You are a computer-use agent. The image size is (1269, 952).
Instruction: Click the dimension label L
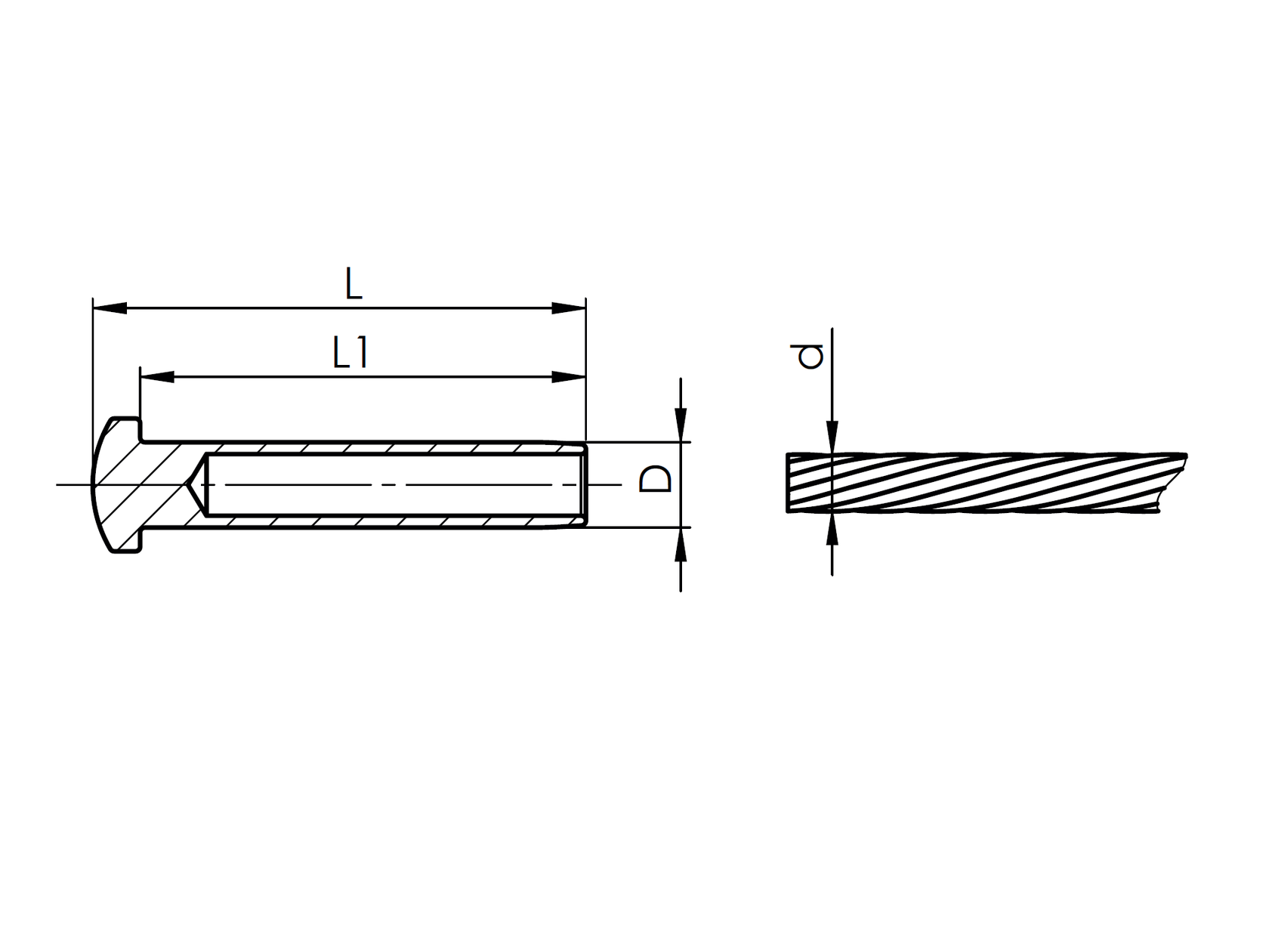pyautogui.click(x=354, y=284)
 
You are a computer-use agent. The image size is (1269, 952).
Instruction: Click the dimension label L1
pyautogui.click(x=351, y=352)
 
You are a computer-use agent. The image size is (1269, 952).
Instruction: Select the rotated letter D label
pyautogui.click(x=655, y=479)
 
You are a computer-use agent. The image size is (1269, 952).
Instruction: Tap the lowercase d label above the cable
pyautogui.click(x=810, y=356)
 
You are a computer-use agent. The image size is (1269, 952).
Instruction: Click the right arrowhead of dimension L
pyautogui.click(x=569, y=308)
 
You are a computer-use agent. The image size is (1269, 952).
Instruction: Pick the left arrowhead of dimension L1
pyautogui.click(x=157, y=376)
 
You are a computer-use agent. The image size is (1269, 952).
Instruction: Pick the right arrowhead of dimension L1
pyautogui.click(x=569, y=376)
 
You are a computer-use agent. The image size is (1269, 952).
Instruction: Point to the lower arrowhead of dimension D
pyautogui.click(x=681, y=544)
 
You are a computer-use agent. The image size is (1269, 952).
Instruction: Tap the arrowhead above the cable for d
pyautogui.click(x=832, y=437)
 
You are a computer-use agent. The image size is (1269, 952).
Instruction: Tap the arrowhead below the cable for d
pyautogui.click(x=832, y=529)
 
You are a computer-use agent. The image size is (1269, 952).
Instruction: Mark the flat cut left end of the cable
pyautogui.click(x=788, y=484)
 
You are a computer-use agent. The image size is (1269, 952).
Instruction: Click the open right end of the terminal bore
pyautogui.click(x=584, y=484)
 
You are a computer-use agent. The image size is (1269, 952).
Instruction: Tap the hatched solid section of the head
pyautogui.click(x=140, y=484)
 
